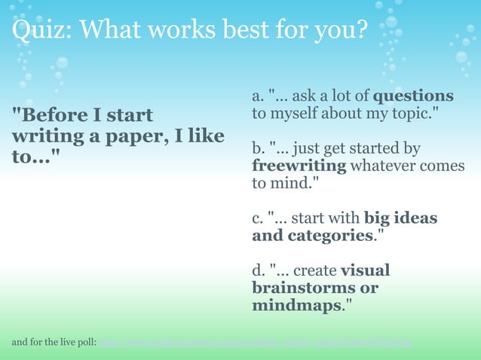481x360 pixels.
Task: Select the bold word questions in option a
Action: click(x=413, y=96)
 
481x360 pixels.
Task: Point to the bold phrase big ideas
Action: click(x=400, y=218)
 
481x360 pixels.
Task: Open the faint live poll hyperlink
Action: click(x=256, y=343)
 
